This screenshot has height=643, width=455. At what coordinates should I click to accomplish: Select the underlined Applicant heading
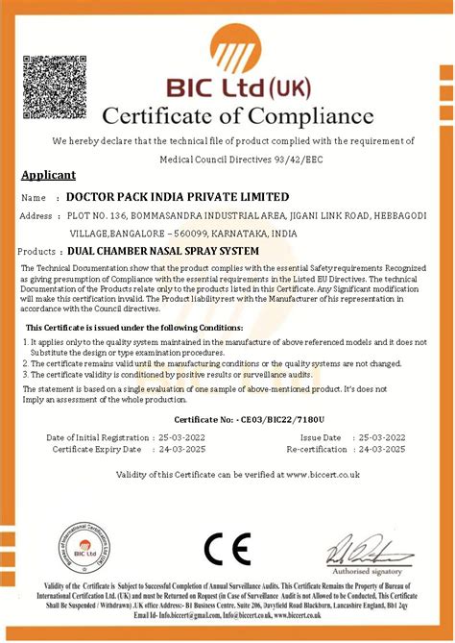point(47,176)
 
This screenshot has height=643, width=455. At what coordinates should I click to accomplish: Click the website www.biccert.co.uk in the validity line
point(322,474)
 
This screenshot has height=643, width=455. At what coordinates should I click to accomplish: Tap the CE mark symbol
point(227,550)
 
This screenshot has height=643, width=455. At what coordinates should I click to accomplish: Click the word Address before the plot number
point(36,215)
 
